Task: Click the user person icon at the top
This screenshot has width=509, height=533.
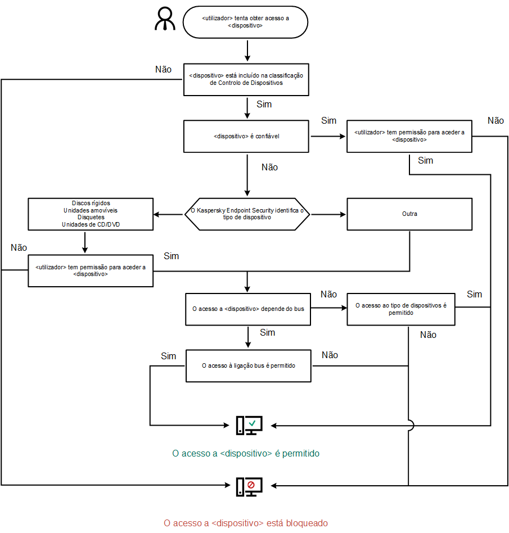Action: [165, 20]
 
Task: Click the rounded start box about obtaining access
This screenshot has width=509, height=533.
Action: [245, 22]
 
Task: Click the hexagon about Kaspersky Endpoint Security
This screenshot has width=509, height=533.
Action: [247, 214]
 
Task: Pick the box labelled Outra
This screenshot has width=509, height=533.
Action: [409, 214]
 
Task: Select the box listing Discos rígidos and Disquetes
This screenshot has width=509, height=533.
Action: [91, 214]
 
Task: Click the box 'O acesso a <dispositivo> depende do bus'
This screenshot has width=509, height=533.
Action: [247, 309]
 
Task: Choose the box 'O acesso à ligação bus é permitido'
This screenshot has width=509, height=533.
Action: [248, 365]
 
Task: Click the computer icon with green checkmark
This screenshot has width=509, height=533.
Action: [249, 426]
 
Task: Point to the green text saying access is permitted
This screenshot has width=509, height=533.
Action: [245, 453]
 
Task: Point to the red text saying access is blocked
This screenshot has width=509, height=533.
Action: [245, 523]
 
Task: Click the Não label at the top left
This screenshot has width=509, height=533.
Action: [163, 69]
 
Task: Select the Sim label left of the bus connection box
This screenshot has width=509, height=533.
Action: [168, 356]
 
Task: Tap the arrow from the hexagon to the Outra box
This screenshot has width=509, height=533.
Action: [328, 214]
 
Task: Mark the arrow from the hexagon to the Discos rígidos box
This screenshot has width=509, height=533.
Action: [169, 214]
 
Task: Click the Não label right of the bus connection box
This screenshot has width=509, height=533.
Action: [330, 355]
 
